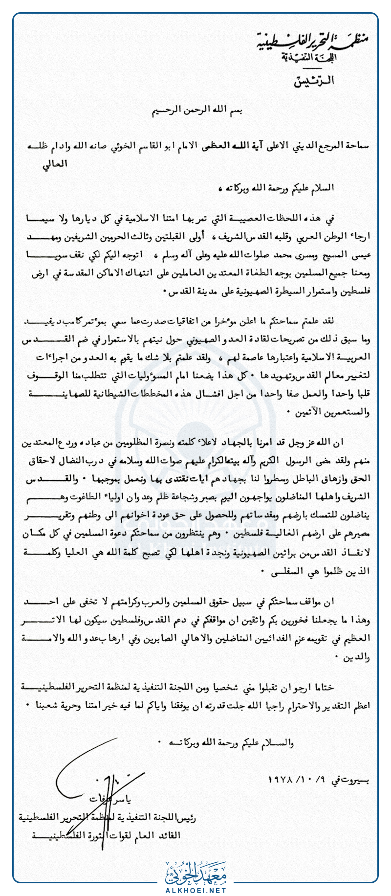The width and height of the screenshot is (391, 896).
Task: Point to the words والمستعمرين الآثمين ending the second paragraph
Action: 332,412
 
